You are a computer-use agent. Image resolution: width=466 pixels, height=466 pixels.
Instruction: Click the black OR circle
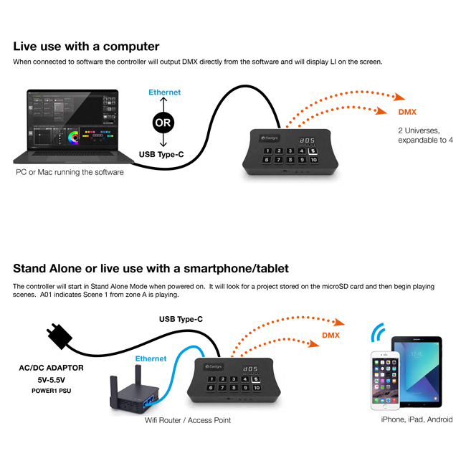(163, 123)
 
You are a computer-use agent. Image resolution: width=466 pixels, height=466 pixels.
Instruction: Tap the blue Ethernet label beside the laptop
(164, 92)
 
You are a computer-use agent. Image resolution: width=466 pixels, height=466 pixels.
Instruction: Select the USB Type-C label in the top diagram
(161, 155)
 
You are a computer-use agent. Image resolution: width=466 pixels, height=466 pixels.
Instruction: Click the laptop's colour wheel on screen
(74, 138)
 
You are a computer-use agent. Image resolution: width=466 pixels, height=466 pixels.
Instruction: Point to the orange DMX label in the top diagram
(407, 112)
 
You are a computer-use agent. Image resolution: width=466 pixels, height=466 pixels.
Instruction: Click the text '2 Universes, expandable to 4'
(425, 135)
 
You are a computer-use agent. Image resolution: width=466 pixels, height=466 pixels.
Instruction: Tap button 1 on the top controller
(267, 151)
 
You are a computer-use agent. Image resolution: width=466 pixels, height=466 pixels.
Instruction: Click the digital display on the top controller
(307, 141)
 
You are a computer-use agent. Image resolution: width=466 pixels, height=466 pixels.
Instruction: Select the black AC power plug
(60, 336)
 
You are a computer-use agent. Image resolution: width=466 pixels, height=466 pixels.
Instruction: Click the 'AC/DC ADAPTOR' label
(51, 368)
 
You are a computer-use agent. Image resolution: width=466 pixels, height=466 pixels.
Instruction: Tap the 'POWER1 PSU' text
(52, 391)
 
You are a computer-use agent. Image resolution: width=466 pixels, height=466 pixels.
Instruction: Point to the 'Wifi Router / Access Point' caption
(188, 420)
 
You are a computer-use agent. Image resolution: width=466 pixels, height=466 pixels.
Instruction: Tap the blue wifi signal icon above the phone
(378, 332)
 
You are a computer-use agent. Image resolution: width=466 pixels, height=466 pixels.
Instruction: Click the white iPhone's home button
(385, 406)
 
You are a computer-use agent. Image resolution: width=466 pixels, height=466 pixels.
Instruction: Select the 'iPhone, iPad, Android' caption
(417, 419)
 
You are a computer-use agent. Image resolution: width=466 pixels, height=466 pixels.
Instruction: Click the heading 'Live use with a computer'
(86, 47)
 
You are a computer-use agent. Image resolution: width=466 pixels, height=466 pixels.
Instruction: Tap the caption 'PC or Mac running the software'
(70, 172)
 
